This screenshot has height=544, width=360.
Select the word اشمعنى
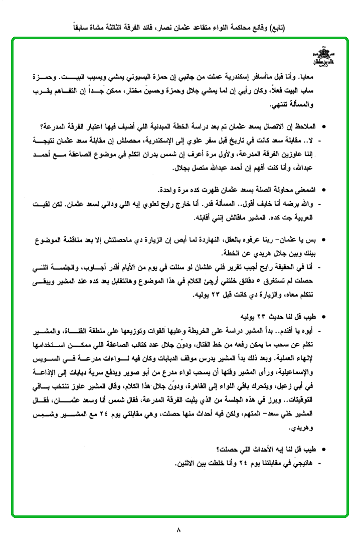(x=302, y=189)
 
